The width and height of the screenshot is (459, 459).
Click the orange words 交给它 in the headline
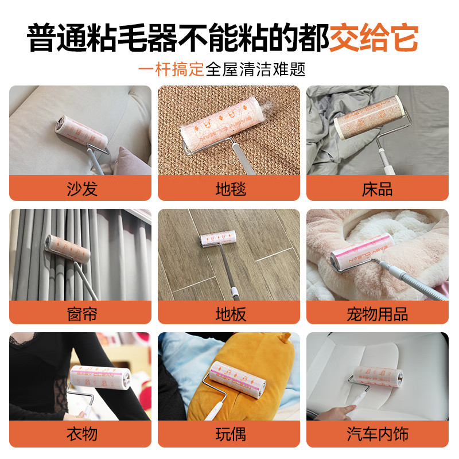[374, 38]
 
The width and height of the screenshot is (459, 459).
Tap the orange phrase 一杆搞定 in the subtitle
[171, 69]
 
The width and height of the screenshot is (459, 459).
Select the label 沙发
[80, 189]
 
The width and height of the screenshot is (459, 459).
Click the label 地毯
[229, 189]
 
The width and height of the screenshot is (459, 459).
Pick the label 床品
[378, 189]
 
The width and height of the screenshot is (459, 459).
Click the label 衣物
[80, 434]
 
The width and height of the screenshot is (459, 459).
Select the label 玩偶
[229, 434]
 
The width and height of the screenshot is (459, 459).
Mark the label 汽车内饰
[378, 434]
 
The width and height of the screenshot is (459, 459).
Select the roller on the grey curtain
[68, 248]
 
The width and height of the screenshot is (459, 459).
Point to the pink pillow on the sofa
[133, 161]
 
